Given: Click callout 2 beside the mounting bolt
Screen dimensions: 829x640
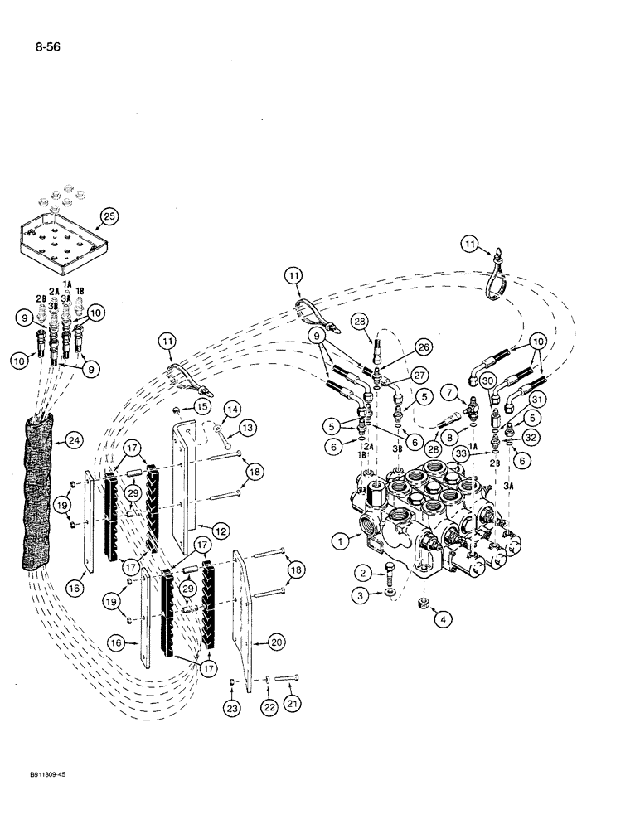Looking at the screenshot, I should (363, 572).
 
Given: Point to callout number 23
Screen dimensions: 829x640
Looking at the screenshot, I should (231, 706).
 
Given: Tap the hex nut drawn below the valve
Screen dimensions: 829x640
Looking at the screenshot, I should (422, 599).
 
